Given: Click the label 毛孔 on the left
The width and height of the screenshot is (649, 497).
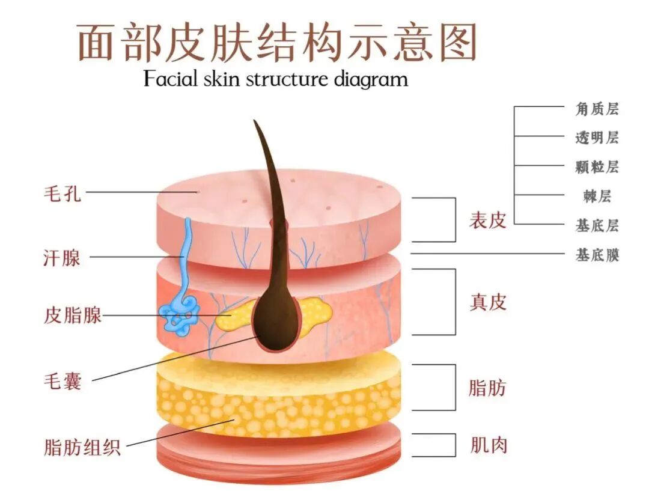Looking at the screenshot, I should click(x=62, y=194).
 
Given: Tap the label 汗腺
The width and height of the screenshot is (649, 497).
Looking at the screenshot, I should click(x=62, y=258).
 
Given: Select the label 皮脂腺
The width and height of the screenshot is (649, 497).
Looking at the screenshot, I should click(x=72, y=315).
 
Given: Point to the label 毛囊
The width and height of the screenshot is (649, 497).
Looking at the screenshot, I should click(x=62, y=381).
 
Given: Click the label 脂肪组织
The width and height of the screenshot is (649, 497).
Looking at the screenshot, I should click(x=82, y=447).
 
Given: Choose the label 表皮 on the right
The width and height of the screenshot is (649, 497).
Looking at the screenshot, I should click(x=487, y=221).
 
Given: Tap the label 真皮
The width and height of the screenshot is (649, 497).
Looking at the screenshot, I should click(x=487, y=302).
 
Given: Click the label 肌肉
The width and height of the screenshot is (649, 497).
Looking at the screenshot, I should click(x=487, y=445).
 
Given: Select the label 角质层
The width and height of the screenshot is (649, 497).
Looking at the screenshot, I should click(x=596, y=109).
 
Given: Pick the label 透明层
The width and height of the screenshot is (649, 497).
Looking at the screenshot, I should click(x=596, y=138).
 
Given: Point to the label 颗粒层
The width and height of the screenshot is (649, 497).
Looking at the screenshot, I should click(x=596, y=167).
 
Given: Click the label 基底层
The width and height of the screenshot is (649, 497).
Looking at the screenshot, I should click(x=596, y=226).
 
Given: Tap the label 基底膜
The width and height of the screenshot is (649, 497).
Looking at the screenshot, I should click(x=596, y=255).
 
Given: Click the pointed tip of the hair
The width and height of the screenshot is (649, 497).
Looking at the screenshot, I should click(x=255, y=123).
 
